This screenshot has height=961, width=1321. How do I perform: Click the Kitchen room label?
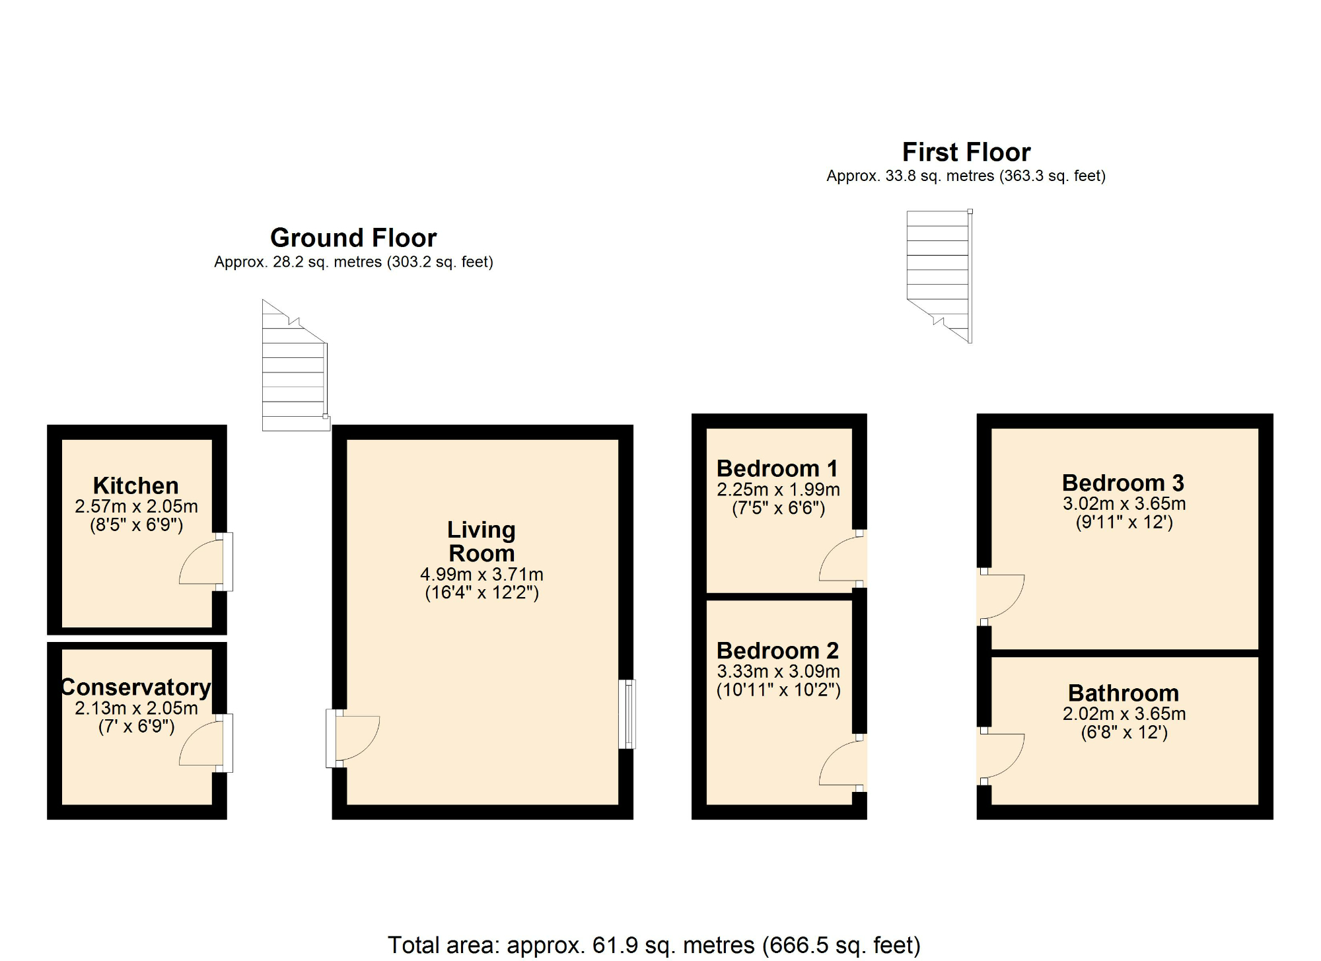135,485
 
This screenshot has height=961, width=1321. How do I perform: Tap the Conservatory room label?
135,687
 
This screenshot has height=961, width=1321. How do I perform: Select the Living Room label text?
482,541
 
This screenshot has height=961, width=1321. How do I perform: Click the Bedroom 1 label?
777,468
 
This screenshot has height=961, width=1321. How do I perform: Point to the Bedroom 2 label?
777,651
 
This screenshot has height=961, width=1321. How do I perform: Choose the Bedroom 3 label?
1123,483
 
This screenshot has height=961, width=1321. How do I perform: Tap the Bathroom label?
1123,693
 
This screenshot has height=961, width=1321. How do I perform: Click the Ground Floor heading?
353,238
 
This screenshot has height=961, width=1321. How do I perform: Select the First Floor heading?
966,152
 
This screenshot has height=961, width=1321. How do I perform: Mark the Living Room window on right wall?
627,714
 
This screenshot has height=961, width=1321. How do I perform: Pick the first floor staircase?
938,271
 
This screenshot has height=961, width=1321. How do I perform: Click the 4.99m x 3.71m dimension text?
482,574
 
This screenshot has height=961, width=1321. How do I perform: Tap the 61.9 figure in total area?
615,945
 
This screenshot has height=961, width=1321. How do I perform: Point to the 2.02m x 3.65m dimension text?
1124,713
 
